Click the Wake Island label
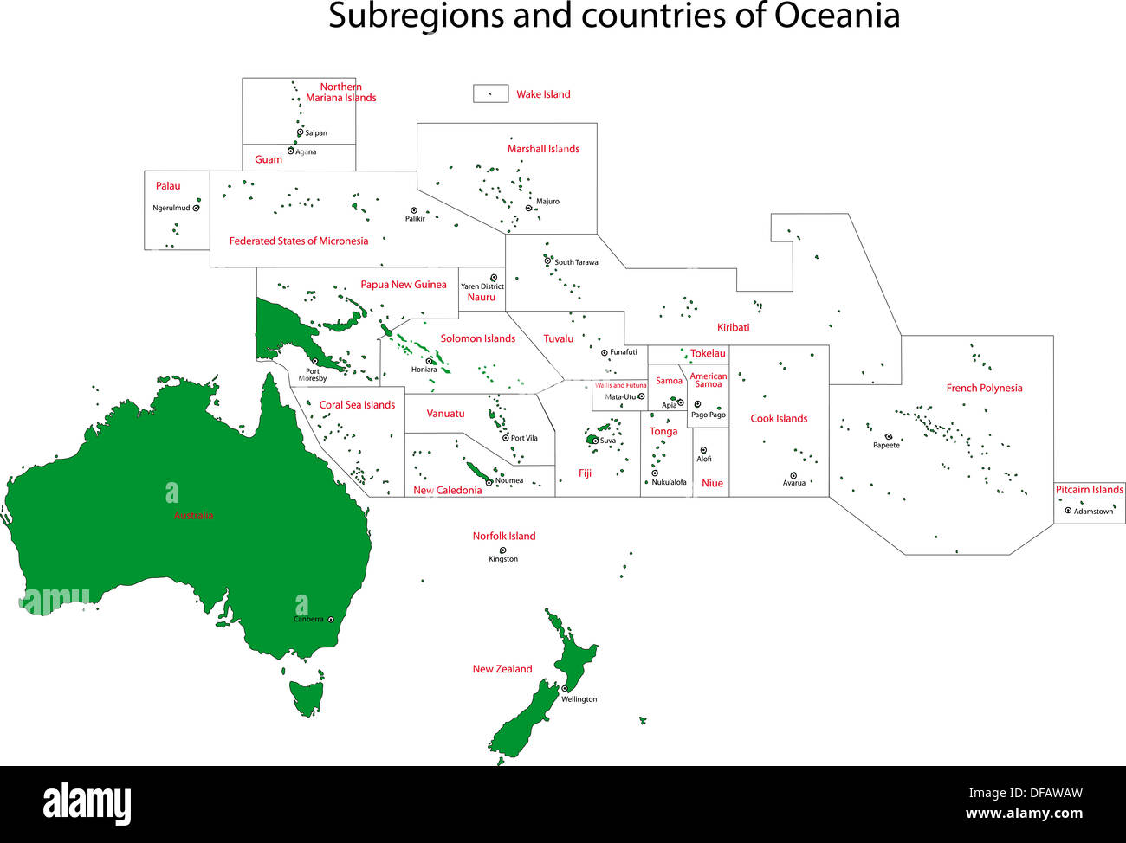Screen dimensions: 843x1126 pyautogui.click(x=543, y=94)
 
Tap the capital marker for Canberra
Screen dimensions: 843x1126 pyautogui.click(x=330, y=619)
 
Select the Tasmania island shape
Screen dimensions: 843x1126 pyautogui.click(x=306, y=696)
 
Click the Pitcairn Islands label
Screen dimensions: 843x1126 pyautogui.click(x=1089, y=490)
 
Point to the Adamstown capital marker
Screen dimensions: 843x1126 pyautogui.click(x=1068, y=511)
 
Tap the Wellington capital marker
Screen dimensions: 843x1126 pyautogui.click(x=565, y=689)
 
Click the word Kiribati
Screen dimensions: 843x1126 pyautogui.click(x=733, y=327)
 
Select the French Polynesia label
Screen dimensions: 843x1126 pyautogui.click(x=984, y=388)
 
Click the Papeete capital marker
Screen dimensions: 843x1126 pyautogui.click(x=888, y=437)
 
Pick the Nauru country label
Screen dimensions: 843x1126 pyautogui.click(x=481, y=297)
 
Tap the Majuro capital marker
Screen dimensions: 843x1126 pyautogui.click(x=528, y=208)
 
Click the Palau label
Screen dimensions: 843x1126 pyautogui.click(x=168, y=186)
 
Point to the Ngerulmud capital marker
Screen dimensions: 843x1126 pyautogui.click(x=197, y=208)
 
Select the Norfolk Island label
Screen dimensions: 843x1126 pyautogui.click(x=504, y=536)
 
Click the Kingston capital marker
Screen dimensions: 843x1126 pyautogui.click(x=502, y=550)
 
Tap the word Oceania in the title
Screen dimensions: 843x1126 pyautogui.click(x=837, y=16)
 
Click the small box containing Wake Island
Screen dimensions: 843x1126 pyautogui.click(x=490, y=93)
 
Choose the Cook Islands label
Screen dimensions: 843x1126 pyautogui.click(x=779, y=418)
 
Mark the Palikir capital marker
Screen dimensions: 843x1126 pyautogui.click(x=414, y=210)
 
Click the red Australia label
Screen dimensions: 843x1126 pyautogui.click(x=193, y=515)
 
